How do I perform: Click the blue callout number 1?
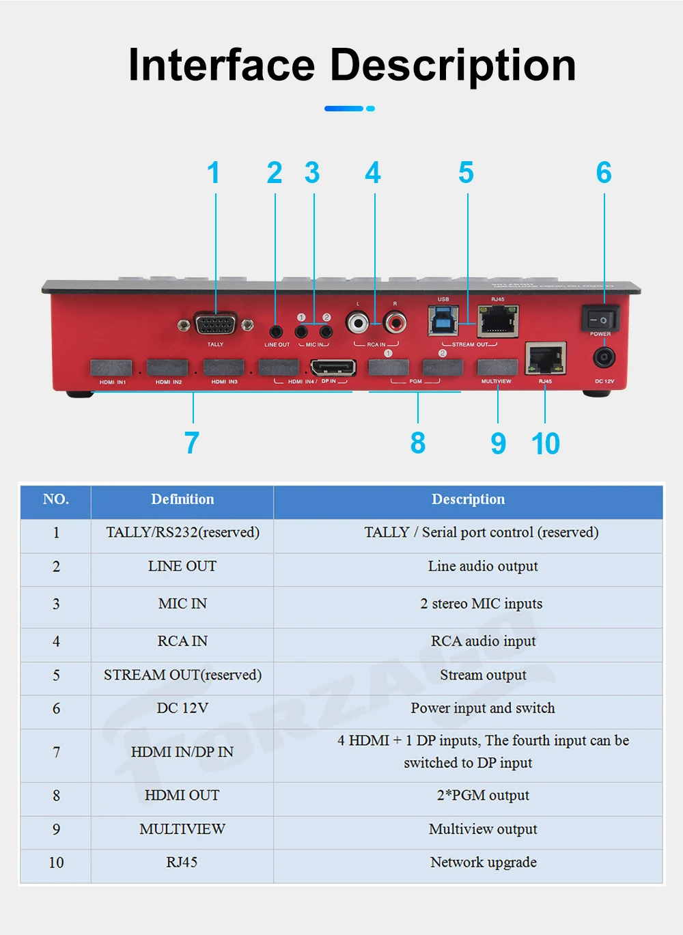(x=214, y=173)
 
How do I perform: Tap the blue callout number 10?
(x=546, y=444)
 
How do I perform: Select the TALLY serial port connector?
(x=216, y=324)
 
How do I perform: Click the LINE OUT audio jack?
(x=276, y=332)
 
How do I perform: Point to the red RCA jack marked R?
(x=395, y=322)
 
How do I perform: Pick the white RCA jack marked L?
(x=357, y=322)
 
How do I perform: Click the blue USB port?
(x=443, y=320)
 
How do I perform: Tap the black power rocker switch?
(x=600, y=319)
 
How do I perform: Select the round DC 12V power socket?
(x=604, y=357)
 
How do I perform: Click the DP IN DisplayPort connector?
(x=333, y=367)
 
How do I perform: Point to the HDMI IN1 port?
(x=111, y=368)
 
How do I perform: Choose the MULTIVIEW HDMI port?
(x=497, y=367)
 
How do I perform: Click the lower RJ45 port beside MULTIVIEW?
(x=545, y=359)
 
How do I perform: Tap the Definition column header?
(x=182, y=499)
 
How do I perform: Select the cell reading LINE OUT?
(x=182, y=566)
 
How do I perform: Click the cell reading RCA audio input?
(x=483, y=641)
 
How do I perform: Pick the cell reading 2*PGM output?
(x=483, y=795)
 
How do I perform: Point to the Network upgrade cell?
(x=483, y=862)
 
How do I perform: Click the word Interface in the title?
(x=221, y=65)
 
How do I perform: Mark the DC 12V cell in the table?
(x=182, y=708)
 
